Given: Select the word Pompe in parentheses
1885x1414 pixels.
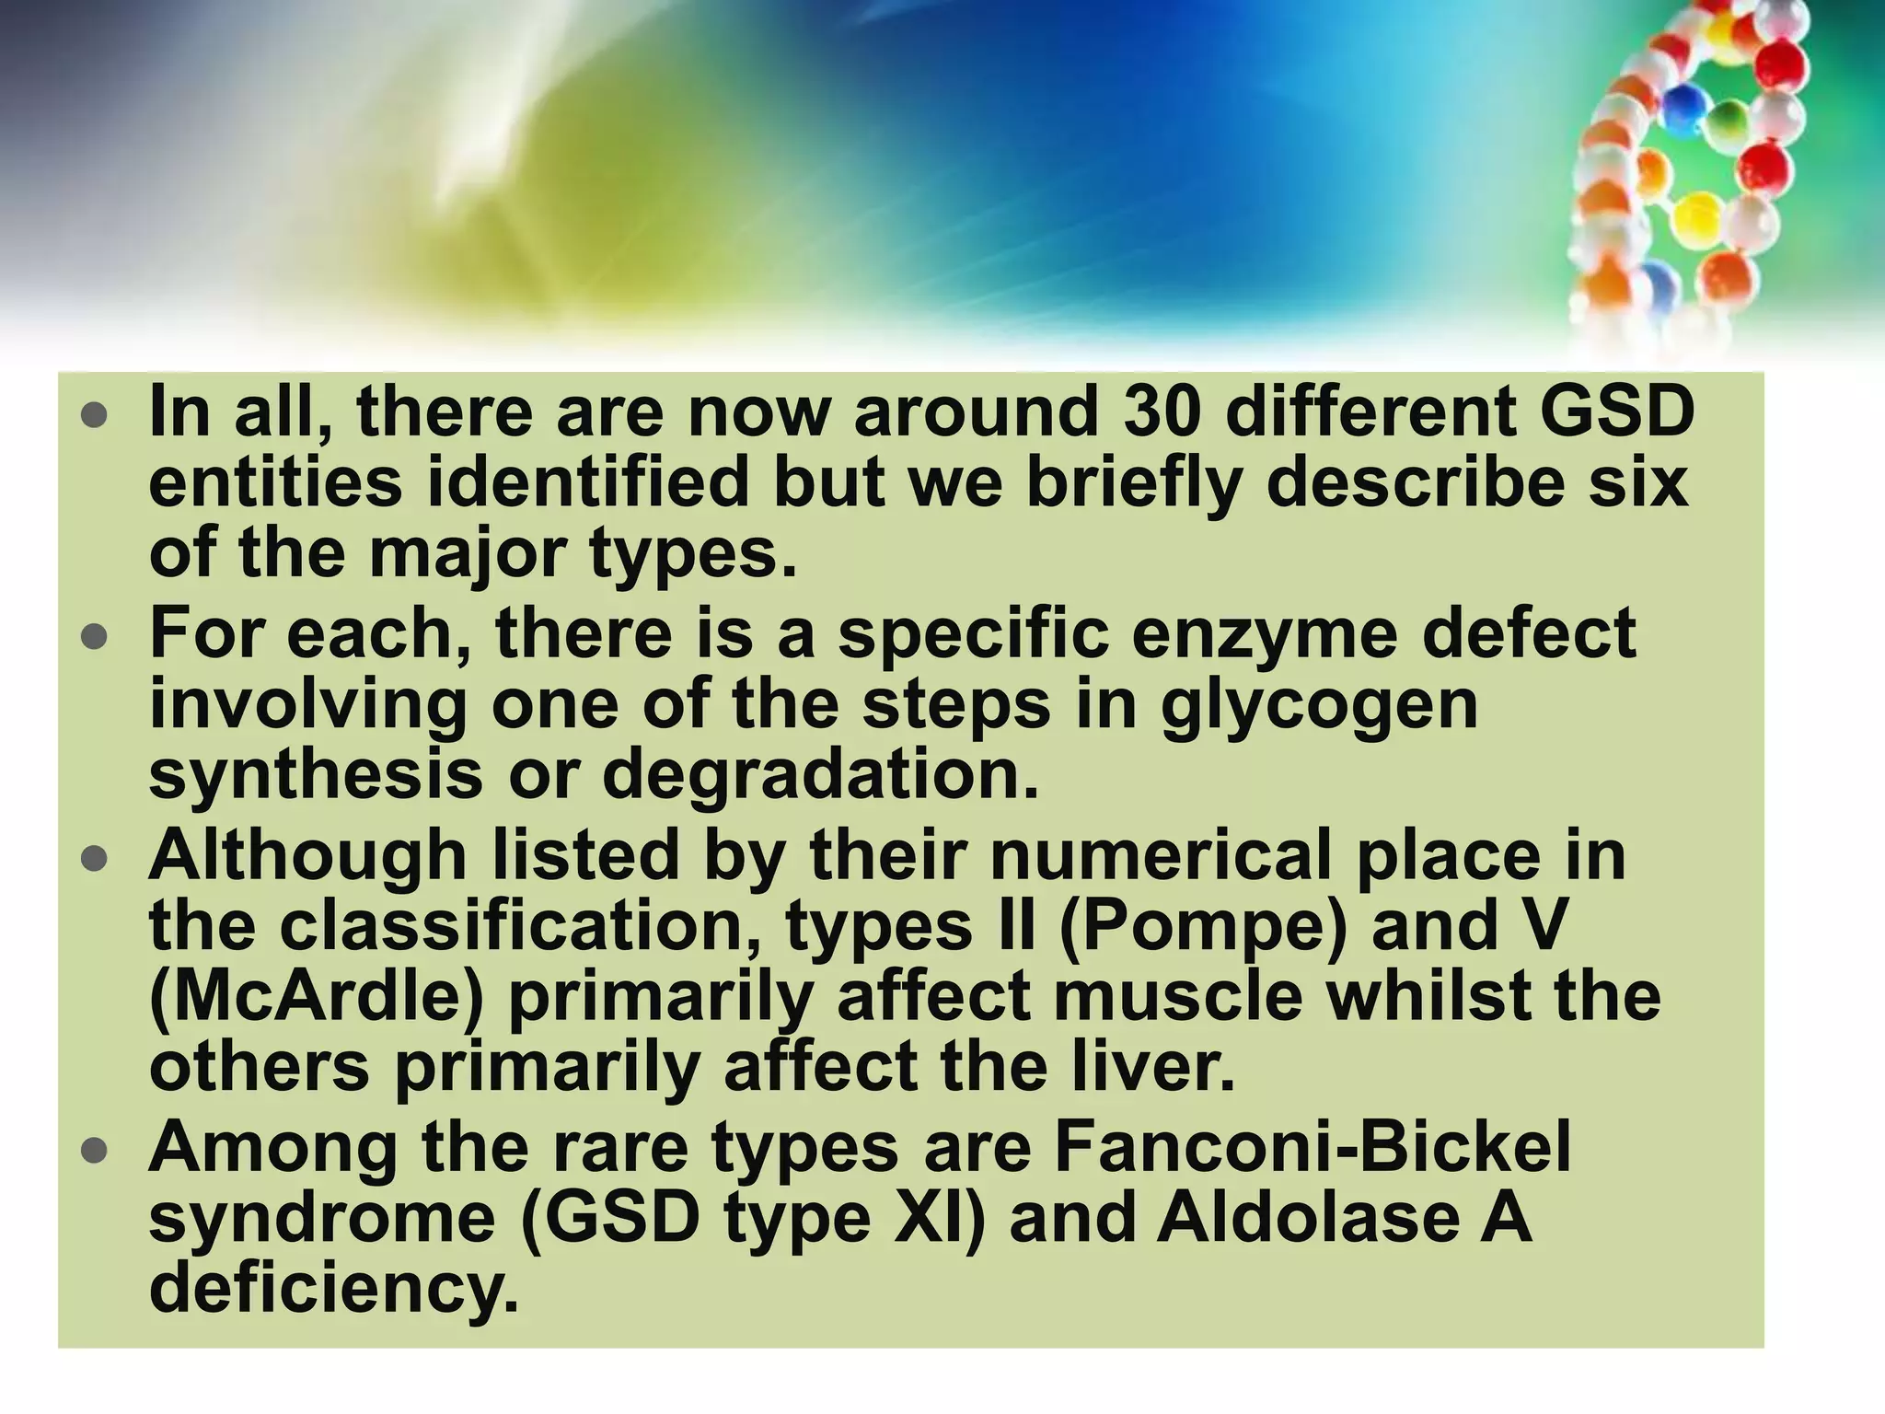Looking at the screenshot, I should pos(1202,924).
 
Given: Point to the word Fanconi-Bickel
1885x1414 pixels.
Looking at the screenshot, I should pos(1313,1147).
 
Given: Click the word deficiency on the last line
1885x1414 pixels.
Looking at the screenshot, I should pos(333,1289).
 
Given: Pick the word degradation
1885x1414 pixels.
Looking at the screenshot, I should pos(820,775).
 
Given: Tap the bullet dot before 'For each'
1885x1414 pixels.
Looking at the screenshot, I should pos(94,637).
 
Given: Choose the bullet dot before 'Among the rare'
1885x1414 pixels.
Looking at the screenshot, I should pos(94,1151).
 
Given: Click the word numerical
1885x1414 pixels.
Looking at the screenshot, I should pos(1161,855).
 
